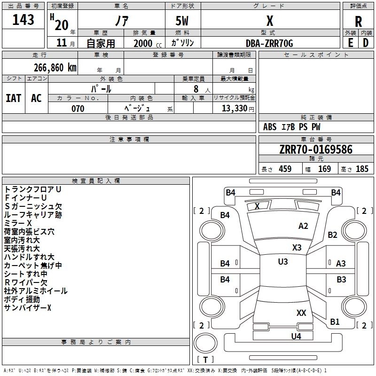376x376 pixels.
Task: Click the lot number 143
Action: coord(23,20)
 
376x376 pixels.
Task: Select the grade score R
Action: coord(358,22)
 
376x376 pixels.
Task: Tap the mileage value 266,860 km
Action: coord(55,68)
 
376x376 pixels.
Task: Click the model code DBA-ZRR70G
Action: coord(269,43)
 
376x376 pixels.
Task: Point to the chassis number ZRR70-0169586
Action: coord(316,149)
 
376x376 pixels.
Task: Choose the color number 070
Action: coord(78,109)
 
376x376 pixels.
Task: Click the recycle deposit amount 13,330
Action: coord(235,108)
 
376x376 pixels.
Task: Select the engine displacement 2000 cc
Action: coord(148,43)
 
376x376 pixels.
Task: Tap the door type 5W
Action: coord(182,21)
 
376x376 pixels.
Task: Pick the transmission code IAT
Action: coord(14,98)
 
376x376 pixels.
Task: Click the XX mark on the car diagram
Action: coord(301,313)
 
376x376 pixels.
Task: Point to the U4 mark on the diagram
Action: coord(296,337)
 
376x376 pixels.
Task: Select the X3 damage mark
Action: coord(297,248)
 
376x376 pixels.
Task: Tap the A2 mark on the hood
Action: coord(303,226)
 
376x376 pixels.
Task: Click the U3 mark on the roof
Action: coord(283,262)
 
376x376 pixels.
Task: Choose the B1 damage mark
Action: coord(335,322)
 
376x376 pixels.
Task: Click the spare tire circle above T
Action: coord(205,343)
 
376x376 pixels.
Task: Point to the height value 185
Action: coord(362,169)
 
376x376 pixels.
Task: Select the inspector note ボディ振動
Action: coord(22,299)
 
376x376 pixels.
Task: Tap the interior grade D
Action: coord(366,43)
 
